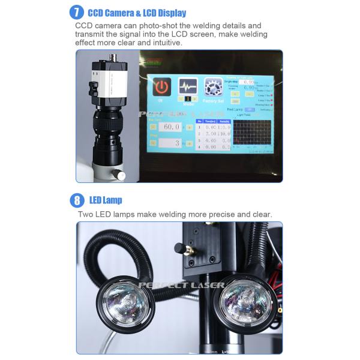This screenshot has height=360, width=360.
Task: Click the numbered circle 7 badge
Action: (76, 12)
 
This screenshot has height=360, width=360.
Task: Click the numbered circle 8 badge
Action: (76, 200)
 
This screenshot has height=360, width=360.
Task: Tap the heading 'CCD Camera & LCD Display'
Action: (137, 13)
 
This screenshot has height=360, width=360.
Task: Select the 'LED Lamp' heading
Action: (106, 200)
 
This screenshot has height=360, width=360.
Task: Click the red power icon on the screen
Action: (161, 86)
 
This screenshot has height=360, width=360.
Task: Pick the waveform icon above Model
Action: (187, 86)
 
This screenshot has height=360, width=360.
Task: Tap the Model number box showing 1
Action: (187, 99)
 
